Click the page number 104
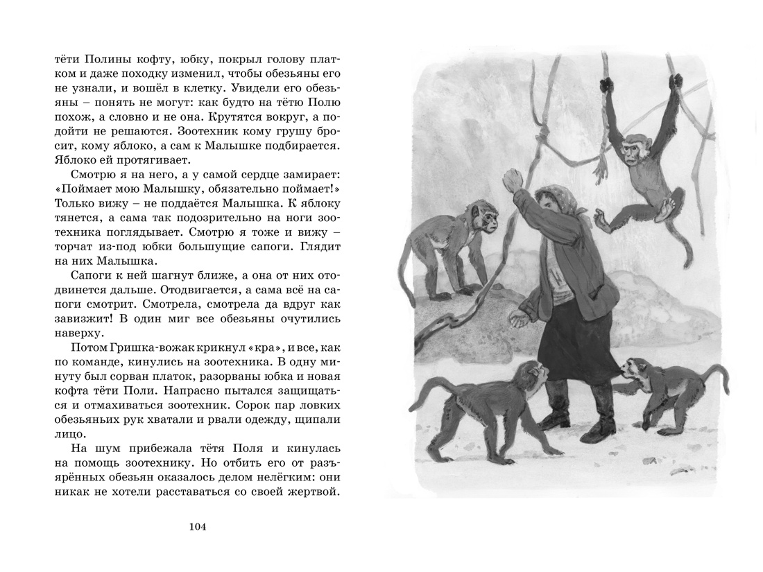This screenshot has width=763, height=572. click(198, 527)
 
